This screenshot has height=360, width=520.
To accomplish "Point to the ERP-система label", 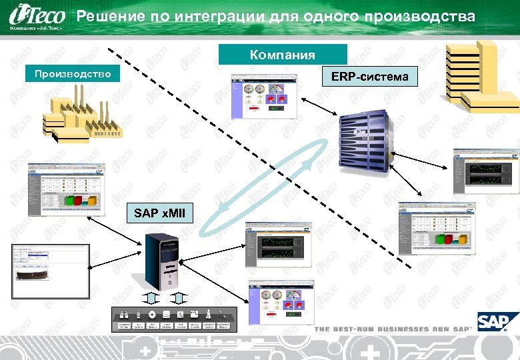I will pyautogui.click(x=371, y=77).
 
